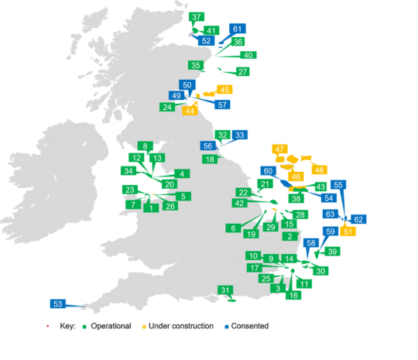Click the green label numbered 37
tap(197, 18)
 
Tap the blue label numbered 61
tap(238, 29)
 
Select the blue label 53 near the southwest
tap(58, 303)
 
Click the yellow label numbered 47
tap(279, 149)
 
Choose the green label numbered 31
tap(225, 290)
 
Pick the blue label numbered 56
tap(207, 146)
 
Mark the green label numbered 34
tap(128, 170)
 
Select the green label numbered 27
tap(242, 72)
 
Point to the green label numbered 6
tap(231, 228)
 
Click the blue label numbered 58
tap(310, 243)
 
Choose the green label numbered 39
tap(333, 252)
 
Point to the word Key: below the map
tap(66, 327)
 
